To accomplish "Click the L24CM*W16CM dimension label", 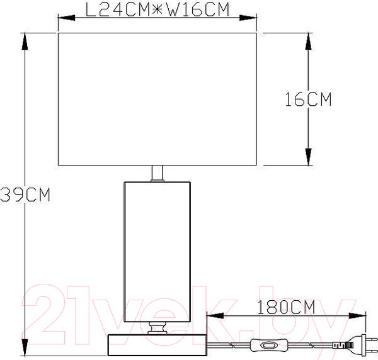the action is tap(157, 10).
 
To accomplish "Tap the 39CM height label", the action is tap(25, 194).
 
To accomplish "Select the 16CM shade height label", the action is tap(308, 99).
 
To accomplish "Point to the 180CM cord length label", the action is tap(287, 307).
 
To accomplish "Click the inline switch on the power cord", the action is tap(269, 346).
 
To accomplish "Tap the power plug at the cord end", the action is tap(355, 345).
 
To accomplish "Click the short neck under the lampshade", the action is tap(157, 173).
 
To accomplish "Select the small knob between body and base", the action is tap(157, 328).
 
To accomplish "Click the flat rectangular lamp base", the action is tap(157, 345).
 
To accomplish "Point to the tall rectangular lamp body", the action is tap(157, 252).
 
